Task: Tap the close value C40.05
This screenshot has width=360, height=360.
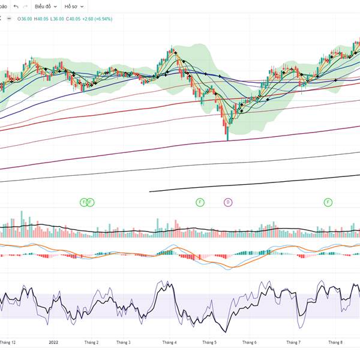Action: (x=73, y=19)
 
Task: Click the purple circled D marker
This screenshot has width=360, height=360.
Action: (x=228, y=202)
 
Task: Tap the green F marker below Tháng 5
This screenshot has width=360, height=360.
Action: (x=200, y=202)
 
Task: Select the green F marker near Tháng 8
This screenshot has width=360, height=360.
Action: (x=328, y=202)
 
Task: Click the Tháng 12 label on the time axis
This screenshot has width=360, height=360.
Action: (x=8, y=342)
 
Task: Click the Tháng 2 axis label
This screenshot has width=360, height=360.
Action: (x=91, y=342)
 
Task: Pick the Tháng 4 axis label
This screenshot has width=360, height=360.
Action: (x=169, y=342)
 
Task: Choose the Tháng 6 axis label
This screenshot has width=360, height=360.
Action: (x=249, y=342)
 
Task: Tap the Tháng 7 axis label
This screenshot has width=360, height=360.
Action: (x=293, y=342)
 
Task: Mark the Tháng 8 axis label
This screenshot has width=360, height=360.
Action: (x=335, y=342)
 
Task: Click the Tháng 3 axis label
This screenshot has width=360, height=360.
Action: (x=123, y=342)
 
